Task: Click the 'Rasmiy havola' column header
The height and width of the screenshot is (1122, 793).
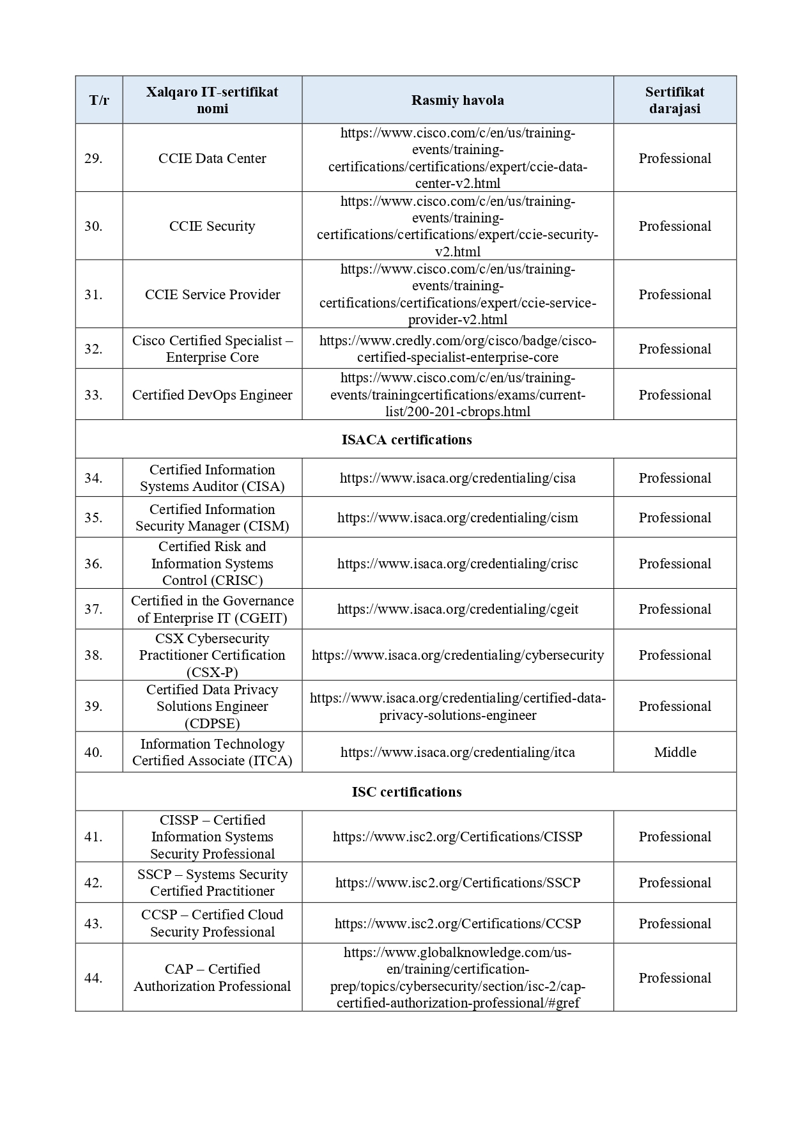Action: tap(458, 100)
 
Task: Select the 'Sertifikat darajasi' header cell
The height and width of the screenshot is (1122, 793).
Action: tap(674, 100)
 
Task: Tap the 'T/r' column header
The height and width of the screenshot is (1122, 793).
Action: tap(99, 100)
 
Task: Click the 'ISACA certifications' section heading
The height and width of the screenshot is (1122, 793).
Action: tap(406, 440)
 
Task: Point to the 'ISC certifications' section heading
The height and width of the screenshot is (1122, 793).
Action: tap(406, 792)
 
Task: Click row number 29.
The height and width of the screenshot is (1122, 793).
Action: tap(93, 159)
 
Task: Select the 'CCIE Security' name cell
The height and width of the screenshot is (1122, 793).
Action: tap(212, 226)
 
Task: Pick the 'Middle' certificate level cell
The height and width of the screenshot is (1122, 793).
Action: tap(675, 752)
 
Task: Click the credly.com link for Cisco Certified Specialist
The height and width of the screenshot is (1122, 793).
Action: tap(458, 349)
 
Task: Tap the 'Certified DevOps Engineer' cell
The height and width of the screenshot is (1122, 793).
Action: tap(212, 395)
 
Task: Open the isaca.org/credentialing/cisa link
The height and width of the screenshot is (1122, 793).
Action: tap(458, 478)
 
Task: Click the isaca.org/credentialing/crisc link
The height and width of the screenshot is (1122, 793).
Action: tap(458, 564)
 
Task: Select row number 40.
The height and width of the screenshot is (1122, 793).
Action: tap(93, 752)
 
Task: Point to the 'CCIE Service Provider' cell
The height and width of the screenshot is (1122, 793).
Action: tap(212, 295)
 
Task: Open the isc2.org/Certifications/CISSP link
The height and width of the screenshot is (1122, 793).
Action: tap(458, 837)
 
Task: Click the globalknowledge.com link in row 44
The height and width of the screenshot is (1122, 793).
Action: tap(458, 978)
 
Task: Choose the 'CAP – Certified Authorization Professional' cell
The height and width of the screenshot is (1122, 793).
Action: tap(212, 978)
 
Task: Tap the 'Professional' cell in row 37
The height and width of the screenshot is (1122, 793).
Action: tap(675, 609)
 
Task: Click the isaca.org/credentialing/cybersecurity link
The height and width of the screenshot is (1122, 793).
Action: tap(458, 655)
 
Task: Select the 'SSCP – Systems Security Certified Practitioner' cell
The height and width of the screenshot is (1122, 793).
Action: tap(212, 883)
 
